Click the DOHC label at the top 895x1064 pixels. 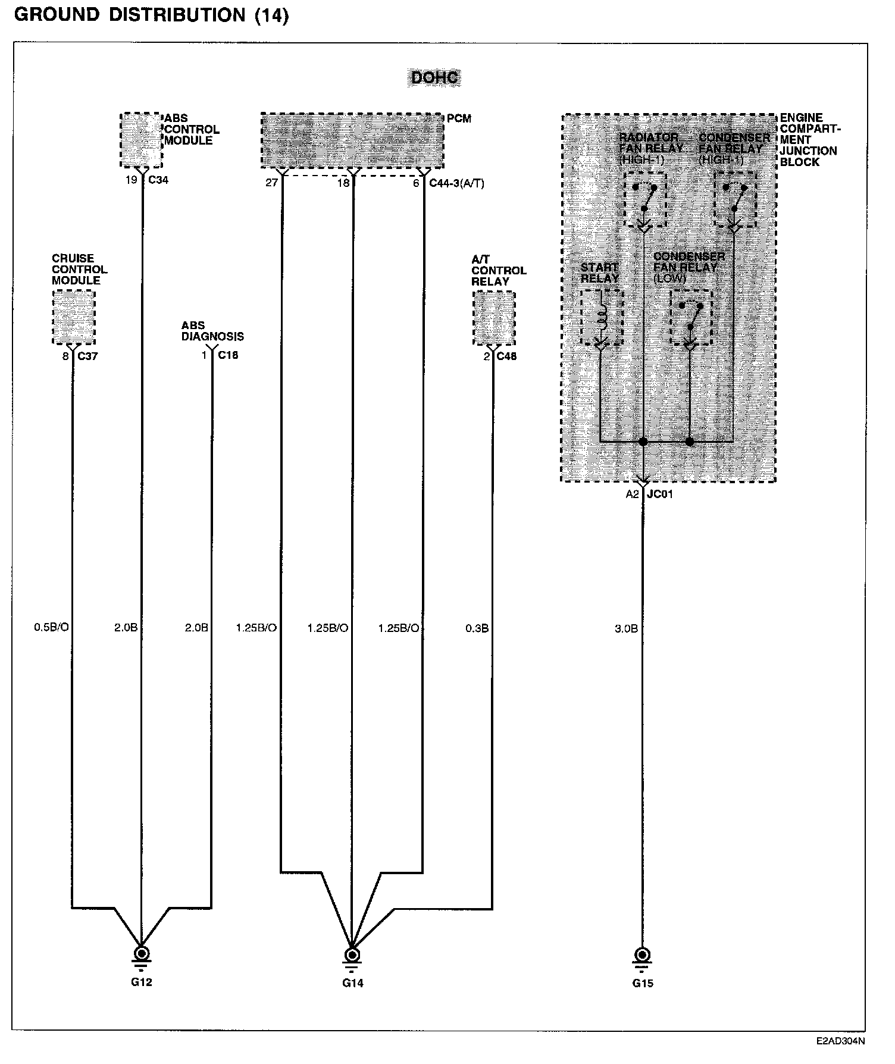434,78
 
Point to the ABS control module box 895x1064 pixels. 141,140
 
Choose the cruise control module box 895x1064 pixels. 73,317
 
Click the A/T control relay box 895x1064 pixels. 494,318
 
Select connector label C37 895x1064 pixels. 87,356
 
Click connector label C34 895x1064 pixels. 158,180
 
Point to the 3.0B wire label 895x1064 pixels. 626,628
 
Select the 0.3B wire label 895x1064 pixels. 477,628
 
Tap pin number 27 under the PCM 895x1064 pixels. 271,183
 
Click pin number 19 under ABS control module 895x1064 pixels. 131,180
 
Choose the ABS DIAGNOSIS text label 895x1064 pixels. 212,331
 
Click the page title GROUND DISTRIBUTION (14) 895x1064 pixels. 151,15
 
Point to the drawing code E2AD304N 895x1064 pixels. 840,1041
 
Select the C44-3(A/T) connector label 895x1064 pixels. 456,183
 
